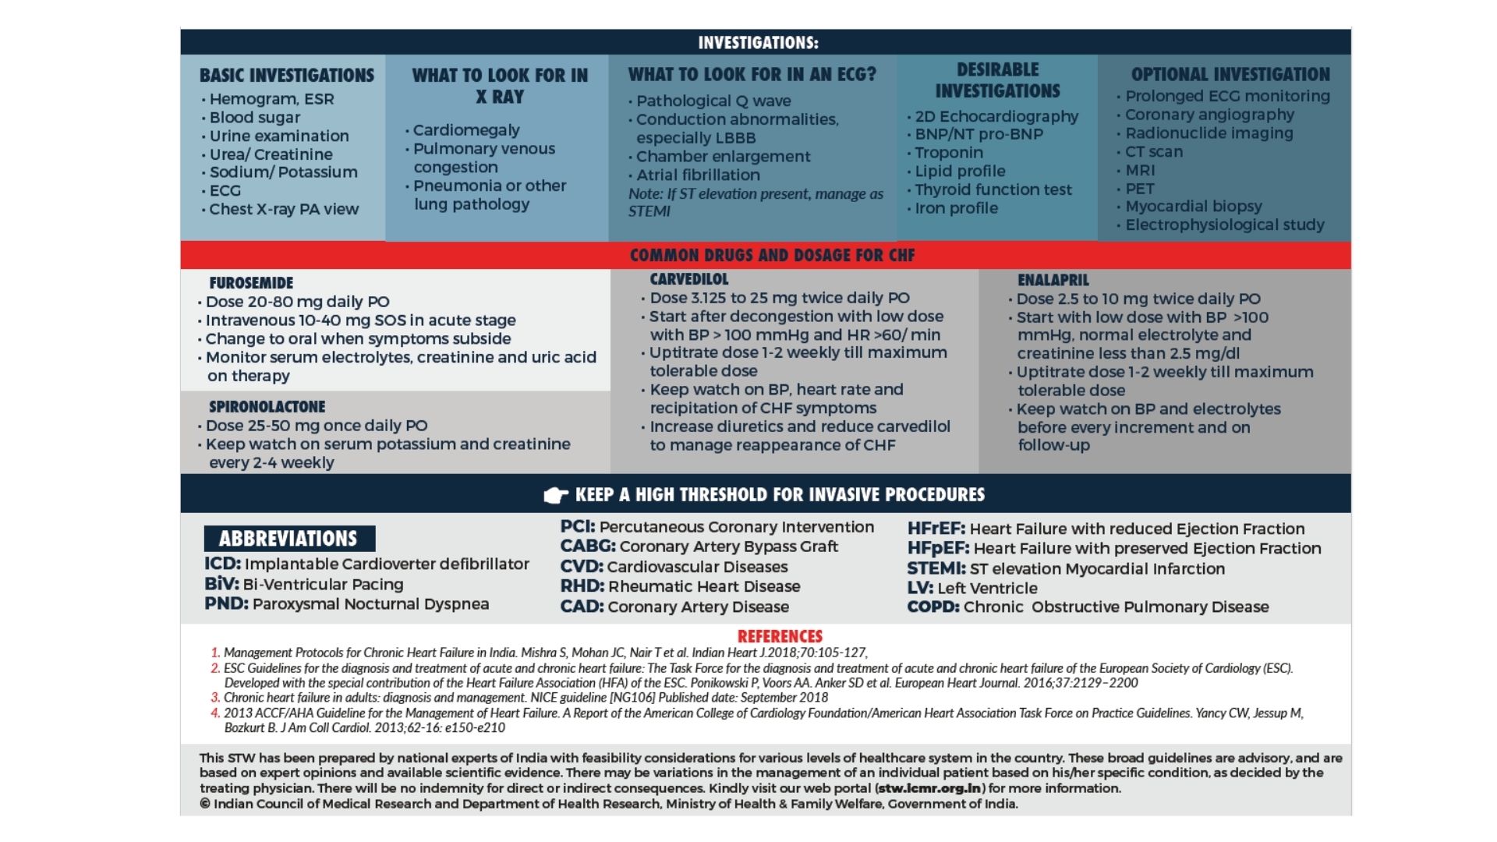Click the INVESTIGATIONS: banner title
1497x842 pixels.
click(758, 43)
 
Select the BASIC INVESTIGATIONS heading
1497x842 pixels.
click(286, 76)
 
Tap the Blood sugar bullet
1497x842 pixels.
click(254, 118)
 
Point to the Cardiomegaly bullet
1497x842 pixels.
click(465, 130)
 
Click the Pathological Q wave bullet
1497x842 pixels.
click(713, 101)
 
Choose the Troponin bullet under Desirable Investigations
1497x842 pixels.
click(948, 153)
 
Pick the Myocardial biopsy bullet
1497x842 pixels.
click(1193, 207)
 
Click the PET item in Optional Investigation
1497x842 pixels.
click(1139, 189)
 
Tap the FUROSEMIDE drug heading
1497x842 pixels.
click(251, 283)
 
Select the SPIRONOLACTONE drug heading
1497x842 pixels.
click(267, 407)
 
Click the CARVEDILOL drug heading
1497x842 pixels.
click(689, 279)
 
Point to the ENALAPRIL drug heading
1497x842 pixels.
click(1053, 280)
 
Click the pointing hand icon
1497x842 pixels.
click(555, 495)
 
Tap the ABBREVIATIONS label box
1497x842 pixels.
click(289, 539)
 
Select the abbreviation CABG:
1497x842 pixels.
click(587, 547)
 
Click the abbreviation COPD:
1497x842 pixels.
click(933, 607)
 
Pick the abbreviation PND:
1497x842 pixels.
click(226, 604)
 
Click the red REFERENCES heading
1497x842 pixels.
click(780, 636)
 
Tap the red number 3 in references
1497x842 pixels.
click(215, 698)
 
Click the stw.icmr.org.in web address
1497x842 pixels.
click(929, 788)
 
